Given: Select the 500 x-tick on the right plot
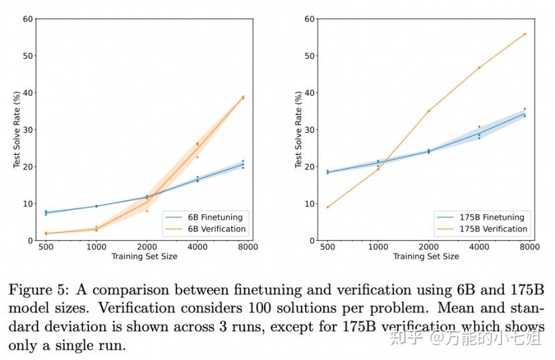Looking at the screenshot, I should click(327, 247).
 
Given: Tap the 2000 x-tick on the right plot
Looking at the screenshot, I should click(428, 247).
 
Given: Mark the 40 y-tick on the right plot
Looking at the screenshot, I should click(309, 93).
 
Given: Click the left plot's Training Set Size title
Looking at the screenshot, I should click(144, 256).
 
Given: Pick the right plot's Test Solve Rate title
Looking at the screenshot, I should click(299, 129).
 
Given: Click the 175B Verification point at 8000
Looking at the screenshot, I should click(525, 34).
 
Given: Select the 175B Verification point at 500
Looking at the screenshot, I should click(327, 207).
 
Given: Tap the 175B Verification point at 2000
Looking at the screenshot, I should click(428, 111).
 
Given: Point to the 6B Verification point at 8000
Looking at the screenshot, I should click(243, 97).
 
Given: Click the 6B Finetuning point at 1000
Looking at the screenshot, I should click(97, 206).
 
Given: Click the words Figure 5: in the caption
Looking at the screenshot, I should click(38, 290).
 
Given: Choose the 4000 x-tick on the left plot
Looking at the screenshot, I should click(197, 247).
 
